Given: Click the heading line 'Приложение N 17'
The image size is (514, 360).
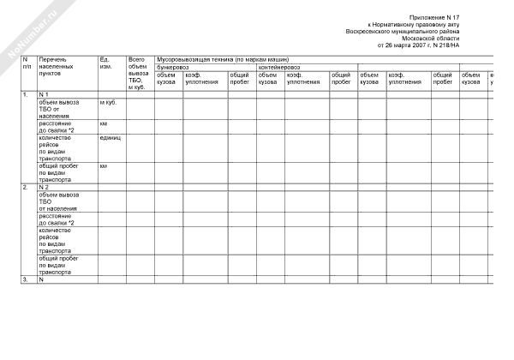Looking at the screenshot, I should coord(435,16).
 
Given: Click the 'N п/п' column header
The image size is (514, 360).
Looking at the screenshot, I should coord(27,63).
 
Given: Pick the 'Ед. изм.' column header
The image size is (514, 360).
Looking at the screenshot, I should coord(106,63).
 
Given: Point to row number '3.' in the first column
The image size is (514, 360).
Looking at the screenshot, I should coord(26,279).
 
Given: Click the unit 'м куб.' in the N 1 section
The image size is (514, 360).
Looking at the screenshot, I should coord(109,101).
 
